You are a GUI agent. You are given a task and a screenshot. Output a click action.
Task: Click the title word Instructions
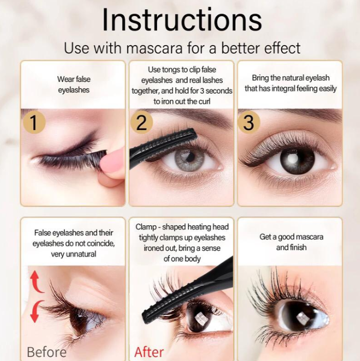(x=182, y=19)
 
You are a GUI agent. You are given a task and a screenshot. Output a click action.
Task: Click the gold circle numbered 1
(x=34, y=122)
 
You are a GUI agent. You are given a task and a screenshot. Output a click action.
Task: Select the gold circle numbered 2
(x=141, y=122)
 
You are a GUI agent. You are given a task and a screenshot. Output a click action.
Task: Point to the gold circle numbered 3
(x=249, y=122)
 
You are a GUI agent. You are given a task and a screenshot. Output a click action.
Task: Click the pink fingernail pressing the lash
(x=112, y=161)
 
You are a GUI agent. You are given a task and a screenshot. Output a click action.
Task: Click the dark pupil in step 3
(x=297, y=160)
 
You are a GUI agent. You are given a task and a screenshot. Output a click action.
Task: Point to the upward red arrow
(x=36, y=282)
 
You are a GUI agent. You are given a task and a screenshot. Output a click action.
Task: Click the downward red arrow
(x=36, y=311)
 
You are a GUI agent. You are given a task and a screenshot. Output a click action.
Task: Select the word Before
(x=47, y=352)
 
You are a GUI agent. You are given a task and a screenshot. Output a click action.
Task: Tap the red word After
(x=149, y=352)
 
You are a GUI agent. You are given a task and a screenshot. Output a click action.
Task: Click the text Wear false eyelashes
(x=74, y=84)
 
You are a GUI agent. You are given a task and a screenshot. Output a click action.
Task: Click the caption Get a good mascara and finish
(x=291, y=242)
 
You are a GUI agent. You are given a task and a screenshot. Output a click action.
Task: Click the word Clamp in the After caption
(x=146, y=227)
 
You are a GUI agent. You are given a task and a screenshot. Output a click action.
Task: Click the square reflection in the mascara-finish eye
(x=301, y=318)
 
